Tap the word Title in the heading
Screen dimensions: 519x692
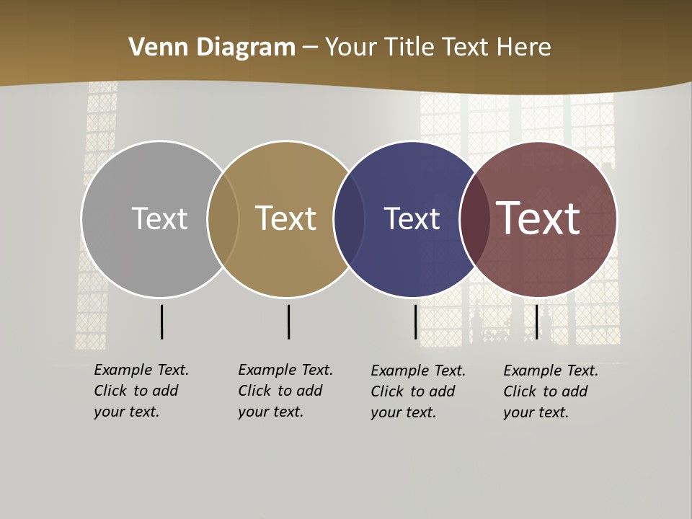[409, 48]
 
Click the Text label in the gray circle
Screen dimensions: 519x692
[159, 218]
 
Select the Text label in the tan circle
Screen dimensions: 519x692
[286, 218]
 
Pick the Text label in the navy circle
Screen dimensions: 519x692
[412, 218]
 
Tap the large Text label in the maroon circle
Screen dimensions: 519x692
[538, 218]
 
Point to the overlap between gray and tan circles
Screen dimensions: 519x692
[223, 219]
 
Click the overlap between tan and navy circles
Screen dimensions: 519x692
[350, 219]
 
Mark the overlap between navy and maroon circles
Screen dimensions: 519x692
[475, 219]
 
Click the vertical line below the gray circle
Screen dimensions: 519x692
[161, 321]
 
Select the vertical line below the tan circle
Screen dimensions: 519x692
[288, 321]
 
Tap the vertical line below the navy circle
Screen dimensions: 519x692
[416, 321]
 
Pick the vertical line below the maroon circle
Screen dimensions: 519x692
[536, 321]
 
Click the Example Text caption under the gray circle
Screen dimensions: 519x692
[141, 391]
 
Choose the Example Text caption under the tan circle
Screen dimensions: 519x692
[285, 391]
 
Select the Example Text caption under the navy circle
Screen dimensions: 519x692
[417, 391]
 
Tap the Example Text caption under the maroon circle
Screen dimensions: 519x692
[550, 391]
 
